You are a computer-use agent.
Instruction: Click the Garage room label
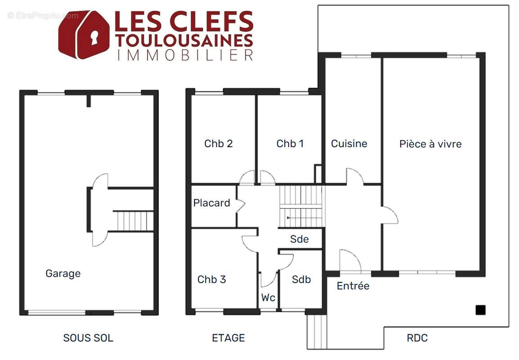click(63, 274)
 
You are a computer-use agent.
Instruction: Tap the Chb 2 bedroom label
click(219, 144)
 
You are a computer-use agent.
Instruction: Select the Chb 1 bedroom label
click(290, 144)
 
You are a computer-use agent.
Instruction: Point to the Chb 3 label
click(211, 279)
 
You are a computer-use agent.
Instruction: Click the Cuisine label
click(349, 144)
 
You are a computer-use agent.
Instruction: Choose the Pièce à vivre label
click(430, 144)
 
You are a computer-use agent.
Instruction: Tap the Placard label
click(211, 202)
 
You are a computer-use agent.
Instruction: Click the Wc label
click(268, 297)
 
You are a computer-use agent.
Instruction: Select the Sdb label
click(301, 279)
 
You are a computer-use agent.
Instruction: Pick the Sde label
click(299, 239)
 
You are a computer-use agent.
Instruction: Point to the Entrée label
click(353, 285)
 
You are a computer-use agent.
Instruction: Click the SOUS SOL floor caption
click(88, 338)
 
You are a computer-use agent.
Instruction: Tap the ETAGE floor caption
click(228, 338)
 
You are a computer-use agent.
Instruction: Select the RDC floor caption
click(417, 338)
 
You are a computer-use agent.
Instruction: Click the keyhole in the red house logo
click(94, 37)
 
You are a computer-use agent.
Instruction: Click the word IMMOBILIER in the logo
click(185, 55)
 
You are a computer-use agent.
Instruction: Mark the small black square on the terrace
click(480, 310)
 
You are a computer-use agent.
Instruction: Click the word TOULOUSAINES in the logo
click(184, 40)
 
